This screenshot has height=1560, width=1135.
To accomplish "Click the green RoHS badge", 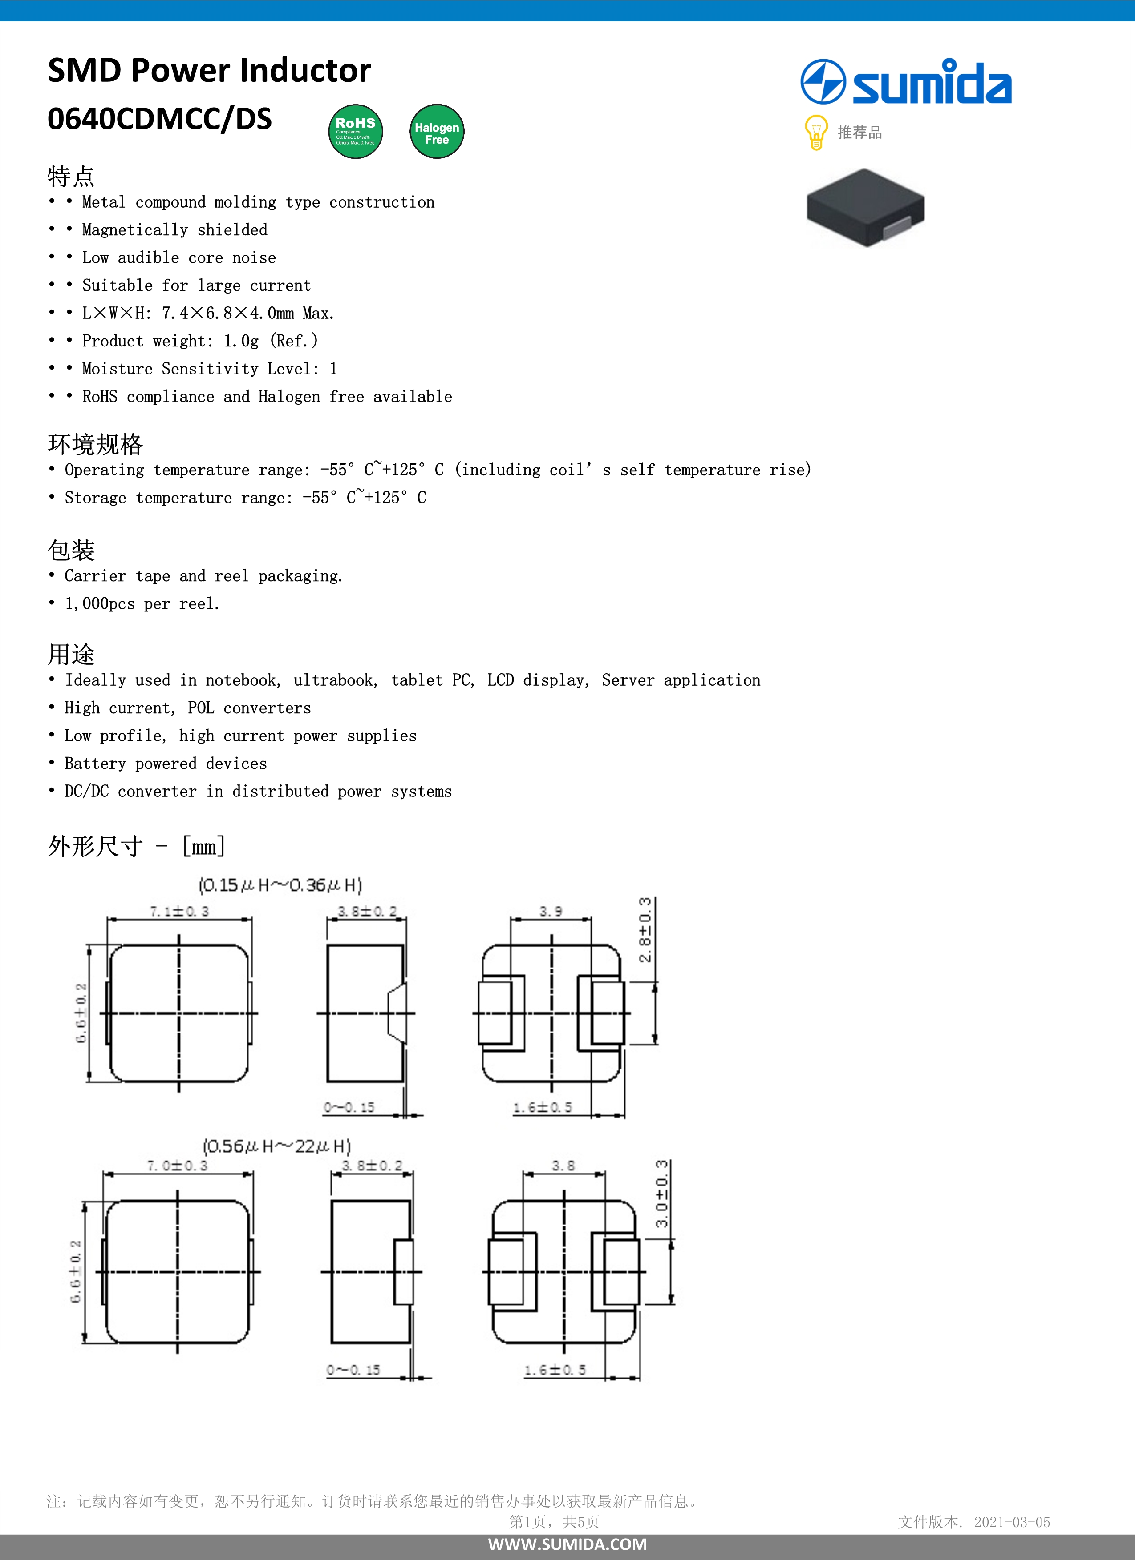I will tap(355, 131).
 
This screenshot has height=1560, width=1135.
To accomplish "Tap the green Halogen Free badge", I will tap(436, 131).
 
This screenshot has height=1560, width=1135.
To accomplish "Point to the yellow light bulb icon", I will tap(815, 132).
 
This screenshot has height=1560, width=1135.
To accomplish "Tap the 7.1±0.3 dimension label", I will tap(179, 911).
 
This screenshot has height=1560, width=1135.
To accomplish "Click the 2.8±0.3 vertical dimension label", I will tap(645, 930).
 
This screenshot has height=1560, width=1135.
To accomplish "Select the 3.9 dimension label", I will tap(551, 911).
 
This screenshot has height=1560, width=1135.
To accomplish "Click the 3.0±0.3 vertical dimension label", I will tap(661, 1194).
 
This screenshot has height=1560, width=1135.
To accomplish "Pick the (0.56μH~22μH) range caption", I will tap(277, 1146).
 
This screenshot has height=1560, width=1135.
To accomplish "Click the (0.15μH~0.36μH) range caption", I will tap(280, 885).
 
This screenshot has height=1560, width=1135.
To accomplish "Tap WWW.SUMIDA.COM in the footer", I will tap(567, 1544).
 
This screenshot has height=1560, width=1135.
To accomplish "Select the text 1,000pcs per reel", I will tap(142, 604).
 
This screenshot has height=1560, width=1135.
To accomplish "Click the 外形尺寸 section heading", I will tap(95, 846).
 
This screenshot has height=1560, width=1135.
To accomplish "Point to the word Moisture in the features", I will tap(117, 369).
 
